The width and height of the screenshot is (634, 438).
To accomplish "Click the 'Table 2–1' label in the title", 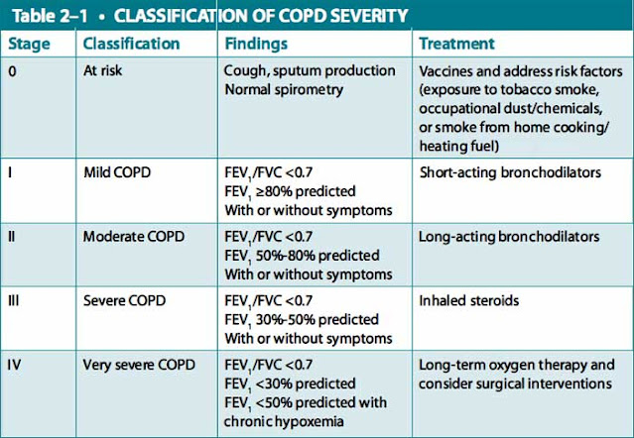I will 50,17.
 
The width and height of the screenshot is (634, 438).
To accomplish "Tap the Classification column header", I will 131,45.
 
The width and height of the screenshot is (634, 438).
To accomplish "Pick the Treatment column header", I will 457,45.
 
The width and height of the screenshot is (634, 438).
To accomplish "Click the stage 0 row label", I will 13,72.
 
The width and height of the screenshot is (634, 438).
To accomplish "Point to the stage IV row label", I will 16,364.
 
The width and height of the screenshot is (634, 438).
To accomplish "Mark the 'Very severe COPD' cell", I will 142,364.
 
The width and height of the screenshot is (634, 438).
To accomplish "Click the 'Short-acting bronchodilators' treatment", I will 510,172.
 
